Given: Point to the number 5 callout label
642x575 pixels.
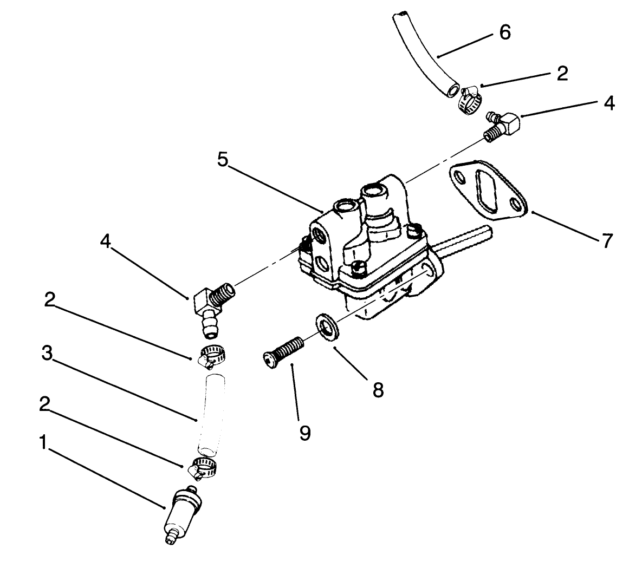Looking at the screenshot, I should (223, 160).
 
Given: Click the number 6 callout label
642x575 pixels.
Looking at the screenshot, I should (504, 32).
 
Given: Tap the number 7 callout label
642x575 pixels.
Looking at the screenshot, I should (606, 240).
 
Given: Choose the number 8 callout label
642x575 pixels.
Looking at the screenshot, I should (378, 389).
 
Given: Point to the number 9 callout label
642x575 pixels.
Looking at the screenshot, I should (305, 432).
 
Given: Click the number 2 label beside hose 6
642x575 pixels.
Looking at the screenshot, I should (562, 74).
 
